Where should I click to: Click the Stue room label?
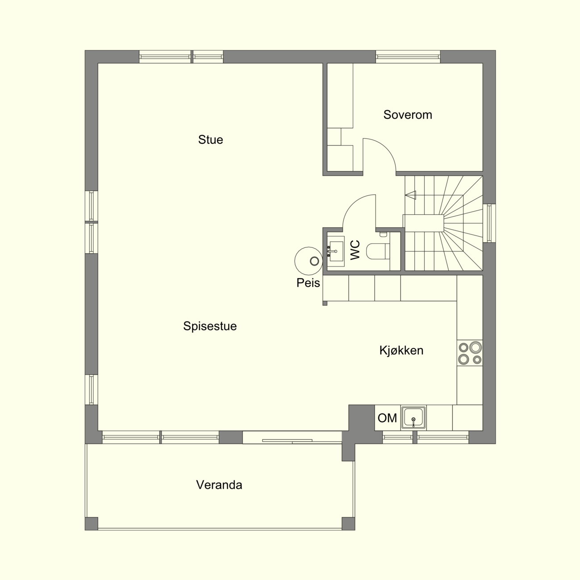[210, 140]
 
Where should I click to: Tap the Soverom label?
[408, 115]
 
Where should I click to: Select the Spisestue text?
[210, 326]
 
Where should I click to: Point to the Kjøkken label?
[401, 351]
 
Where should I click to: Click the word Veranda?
[219, 485]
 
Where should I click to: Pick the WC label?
[355, 250]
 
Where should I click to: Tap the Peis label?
[308, 283]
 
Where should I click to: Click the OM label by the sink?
[387, 418]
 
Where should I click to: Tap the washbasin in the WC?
[335, 251]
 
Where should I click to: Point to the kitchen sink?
[413, 417]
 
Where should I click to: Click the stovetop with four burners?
[470, 353]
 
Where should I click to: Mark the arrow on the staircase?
[410, 195]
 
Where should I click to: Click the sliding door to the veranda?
[292, 437]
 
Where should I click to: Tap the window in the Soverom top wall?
[408, 57]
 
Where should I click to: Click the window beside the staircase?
[489, 223]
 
